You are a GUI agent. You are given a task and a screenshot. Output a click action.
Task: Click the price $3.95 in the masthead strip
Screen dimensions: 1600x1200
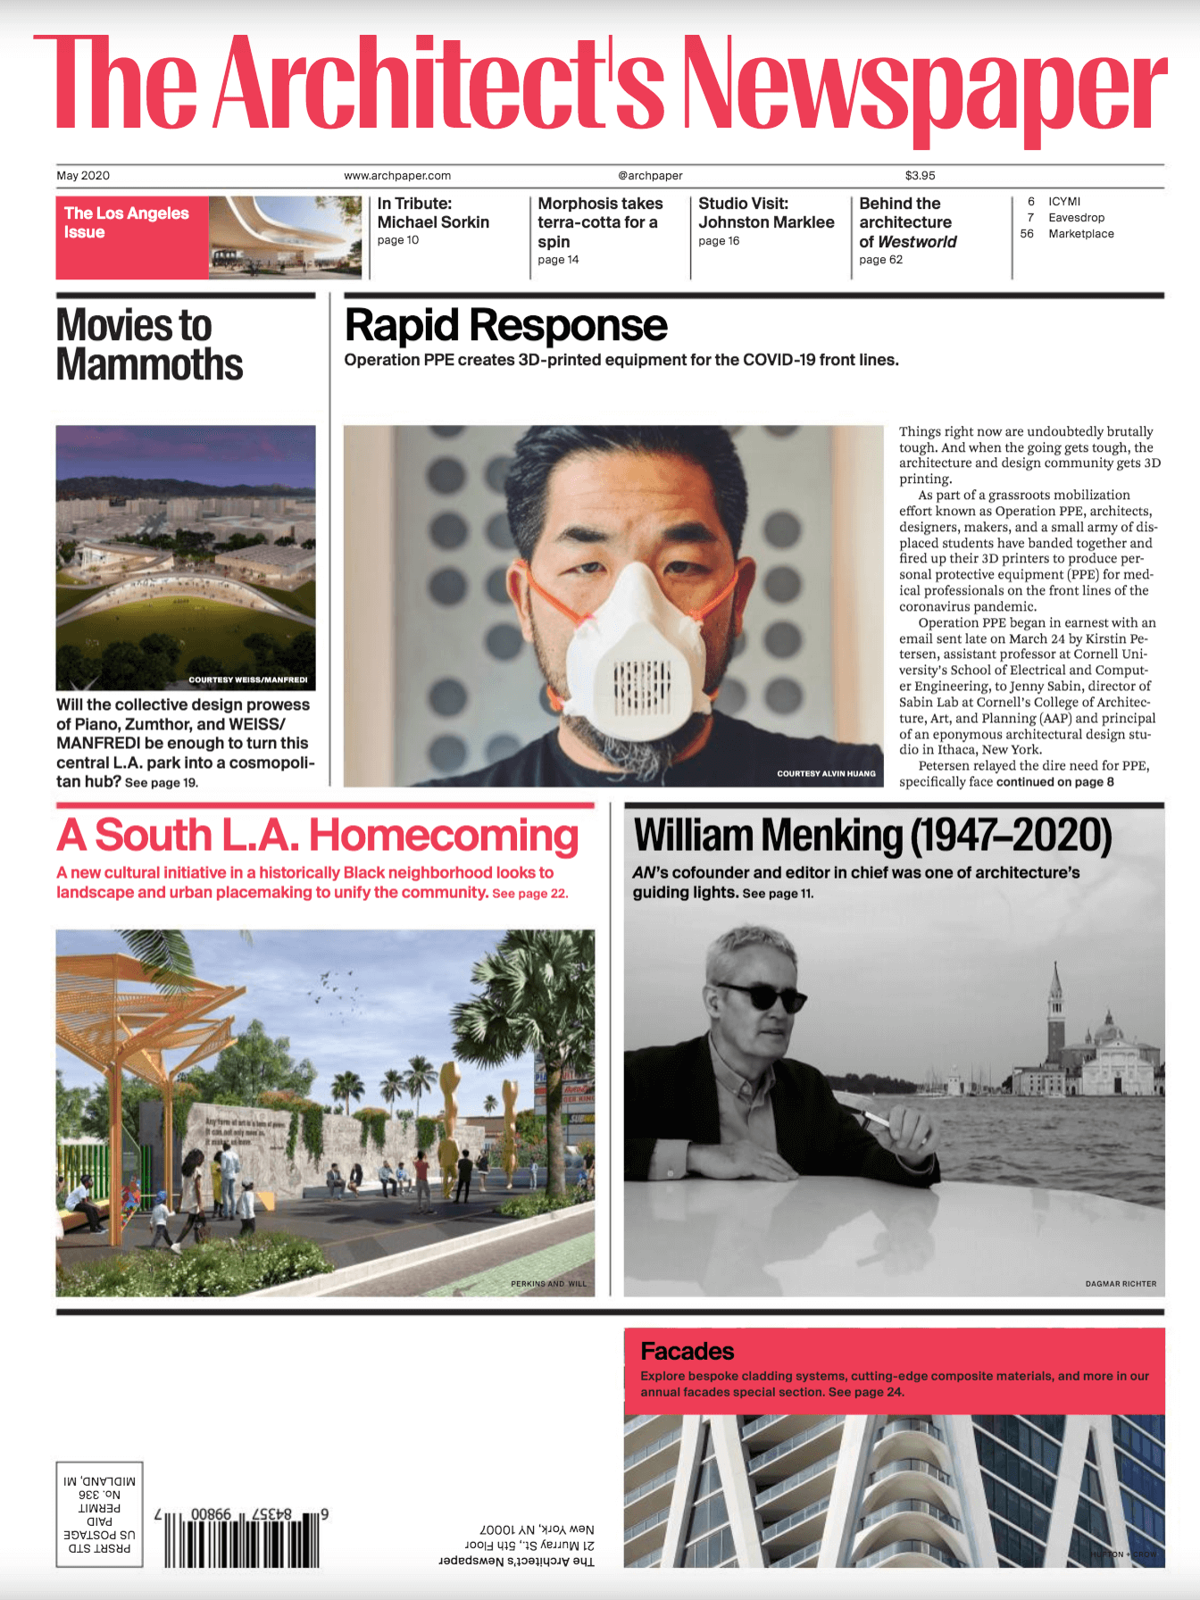[920, 176]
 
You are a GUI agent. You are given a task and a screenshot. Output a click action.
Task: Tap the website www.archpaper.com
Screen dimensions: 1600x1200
[397, 176]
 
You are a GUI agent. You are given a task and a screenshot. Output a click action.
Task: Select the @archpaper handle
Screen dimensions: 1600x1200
[650, 176]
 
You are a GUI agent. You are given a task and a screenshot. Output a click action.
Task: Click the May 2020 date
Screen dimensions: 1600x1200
[83, 176]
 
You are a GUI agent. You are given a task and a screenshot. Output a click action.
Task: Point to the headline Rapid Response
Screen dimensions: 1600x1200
[505, 326]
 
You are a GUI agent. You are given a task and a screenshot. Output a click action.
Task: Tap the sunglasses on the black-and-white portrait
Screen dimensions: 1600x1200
[760, 996]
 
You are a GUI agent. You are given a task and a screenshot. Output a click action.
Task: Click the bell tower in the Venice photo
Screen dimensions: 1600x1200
[1056, 1009]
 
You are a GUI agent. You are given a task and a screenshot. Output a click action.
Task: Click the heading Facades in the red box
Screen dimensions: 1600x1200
[687, 1351]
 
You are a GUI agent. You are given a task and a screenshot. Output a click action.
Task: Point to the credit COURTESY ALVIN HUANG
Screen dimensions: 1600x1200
[826, 773]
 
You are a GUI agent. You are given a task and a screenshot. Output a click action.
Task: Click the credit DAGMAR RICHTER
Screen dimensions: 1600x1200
[1121, 1284]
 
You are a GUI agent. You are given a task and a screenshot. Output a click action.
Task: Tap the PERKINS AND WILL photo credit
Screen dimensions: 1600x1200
[548, 1284]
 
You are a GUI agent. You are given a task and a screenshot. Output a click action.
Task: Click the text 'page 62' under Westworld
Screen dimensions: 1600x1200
[880, 260]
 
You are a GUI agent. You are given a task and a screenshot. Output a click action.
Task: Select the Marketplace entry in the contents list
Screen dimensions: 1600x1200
[1080, 234]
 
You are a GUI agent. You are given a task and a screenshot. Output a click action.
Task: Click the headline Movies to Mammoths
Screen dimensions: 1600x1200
[149, 345]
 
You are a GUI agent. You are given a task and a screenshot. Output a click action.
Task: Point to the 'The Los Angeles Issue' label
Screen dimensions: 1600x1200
[126, 222]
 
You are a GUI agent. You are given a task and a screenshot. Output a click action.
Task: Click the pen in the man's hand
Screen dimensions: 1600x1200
[879, 1118]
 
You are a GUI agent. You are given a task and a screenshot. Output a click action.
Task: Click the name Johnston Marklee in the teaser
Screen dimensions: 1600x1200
[766, 222]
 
